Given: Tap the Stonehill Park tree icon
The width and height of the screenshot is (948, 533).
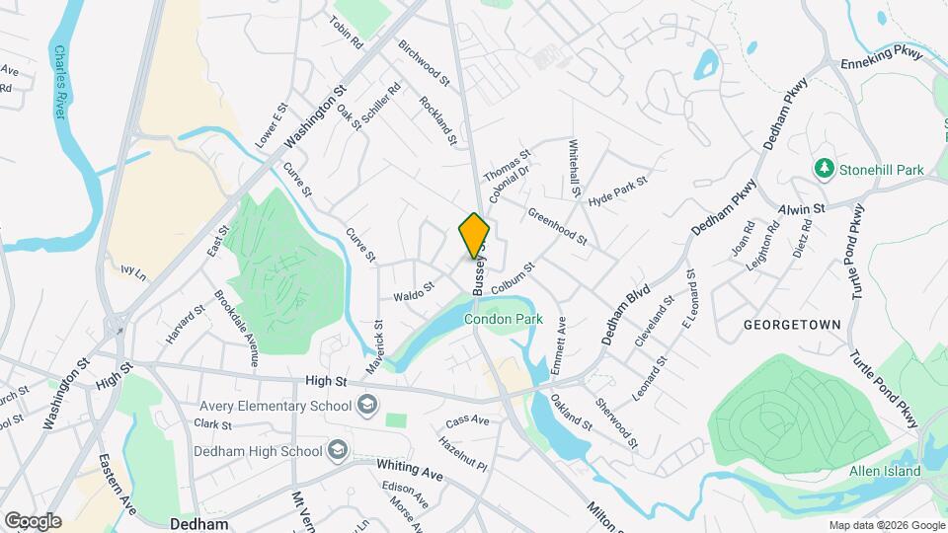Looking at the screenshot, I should tap(825, 170).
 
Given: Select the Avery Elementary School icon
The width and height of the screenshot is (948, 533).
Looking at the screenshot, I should tap(367, 405).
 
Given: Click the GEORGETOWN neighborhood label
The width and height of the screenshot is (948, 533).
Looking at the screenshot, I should tap(792, 325).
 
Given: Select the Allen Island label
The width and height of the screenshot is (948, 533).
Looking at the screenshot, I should tap(884, 471).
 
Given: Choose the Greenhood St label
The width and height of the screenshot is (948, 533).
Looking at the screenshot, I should tap(558, 227).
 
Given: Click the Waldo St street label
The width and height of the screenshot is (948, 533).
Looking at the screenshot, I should tap(414, 292).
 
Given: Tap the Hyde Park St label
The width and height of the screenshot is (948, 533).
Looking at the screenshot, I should tap(617, 190).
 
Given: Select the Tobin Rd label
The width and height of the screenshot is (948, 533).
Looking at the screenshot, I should tap(347, 34).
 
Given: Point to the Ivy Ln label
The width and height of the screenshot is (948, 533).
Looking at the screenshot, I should tap(132, 270).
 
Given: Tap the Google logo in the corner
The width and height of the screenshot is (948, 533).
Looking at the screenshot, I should tap(33, 521).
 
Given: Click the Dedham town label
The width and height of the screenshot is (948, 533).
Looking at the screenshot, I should tap(199, 524).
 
